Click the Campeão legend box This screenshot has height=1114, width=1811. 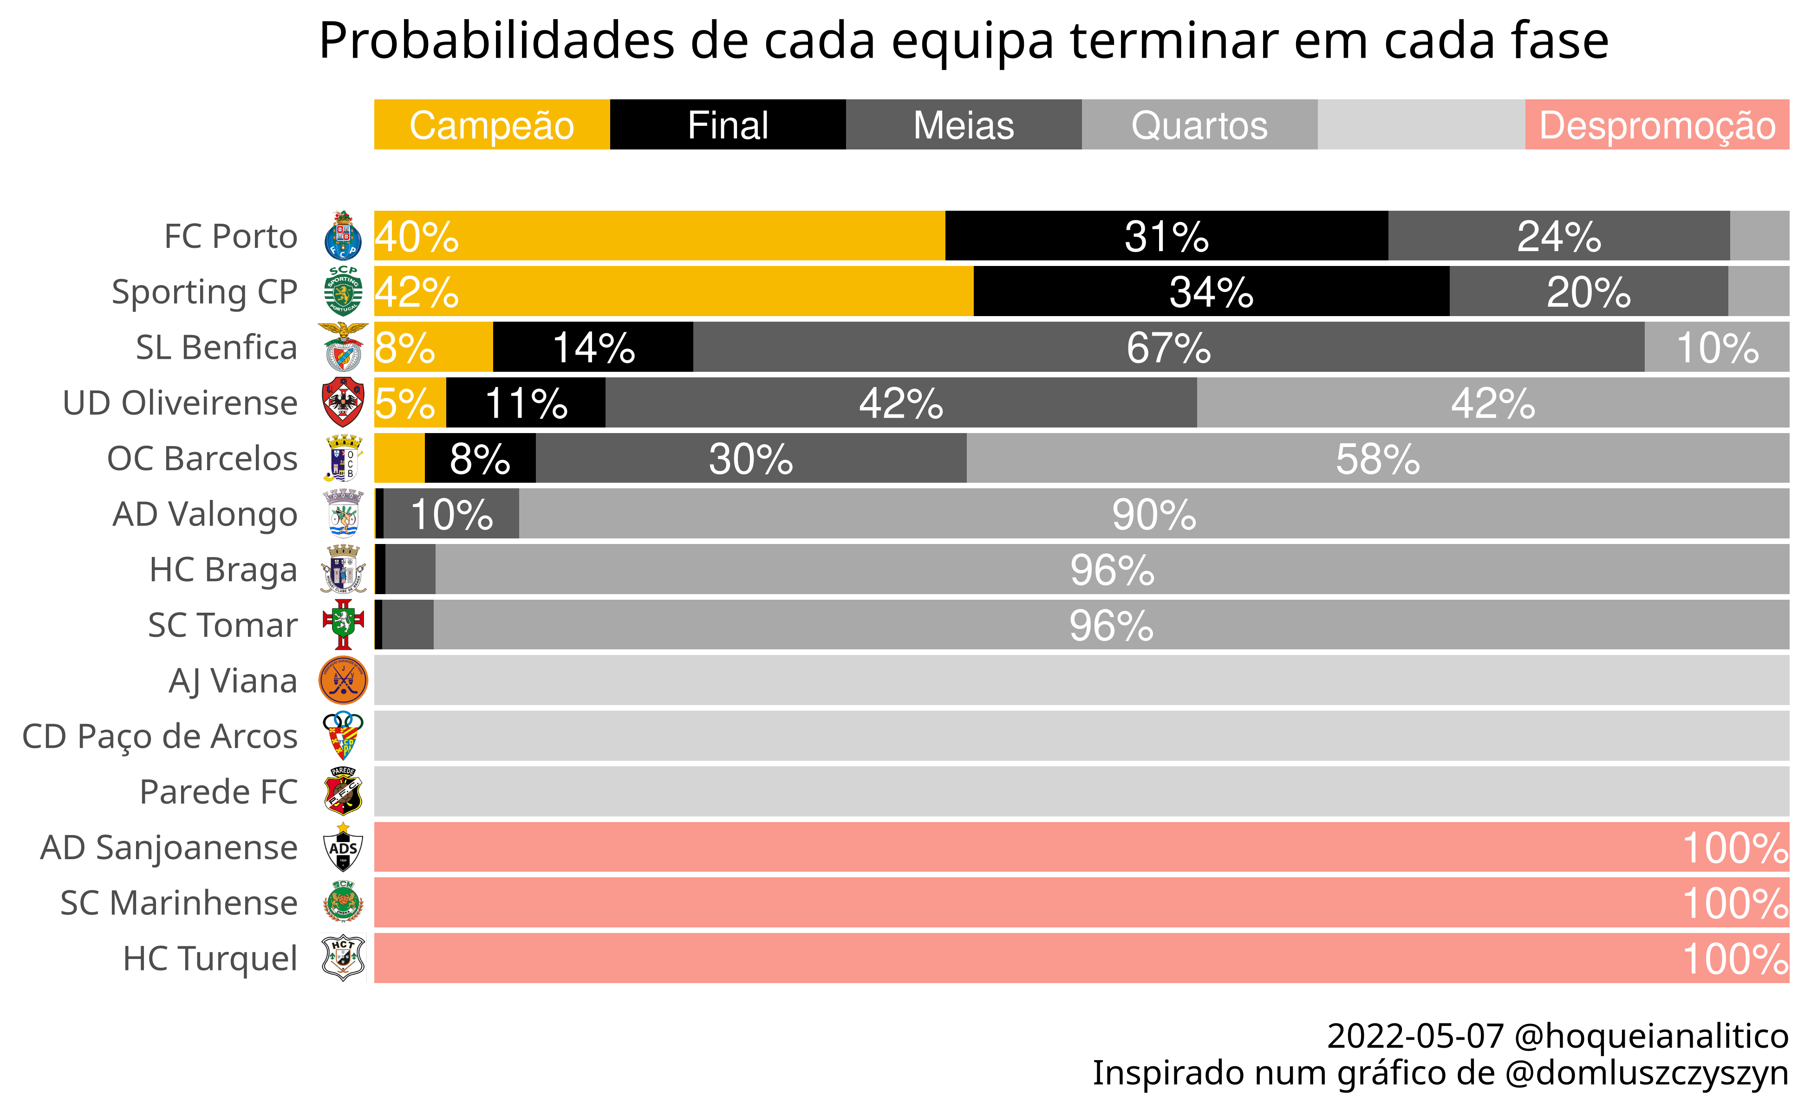(492, 124)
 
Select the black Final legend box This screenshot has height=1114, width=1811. (728, 124)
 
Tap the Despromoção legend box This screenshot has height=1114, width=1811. (1657, 124)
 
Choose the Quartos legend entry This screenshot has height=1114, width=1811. (1199, 124)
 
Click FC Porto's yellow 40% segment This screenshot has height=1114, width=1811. (660, 236)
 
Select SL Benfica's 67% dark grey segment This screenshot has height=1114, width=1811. (1168, 347)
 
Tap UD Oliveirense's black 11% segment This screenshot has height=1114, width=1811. (526, 402)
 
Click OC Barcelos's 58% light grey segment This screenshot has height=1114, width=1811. (1378, 458)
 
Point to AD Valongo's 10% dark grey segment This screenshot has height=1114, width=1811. (451, 513)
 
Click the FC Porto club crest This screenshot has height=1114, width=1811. (343, 236)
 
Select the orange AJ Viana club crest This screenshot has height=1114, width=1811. (343, 680)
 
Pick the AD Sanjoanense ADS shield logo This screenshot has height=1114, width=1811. (343, 847)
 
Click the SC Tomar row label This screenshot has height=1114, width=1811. (222, 625)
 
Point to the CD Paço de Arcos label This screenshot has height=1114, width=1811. (160, 736)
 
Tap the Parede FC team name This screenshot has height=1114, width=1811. (219, 792)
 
